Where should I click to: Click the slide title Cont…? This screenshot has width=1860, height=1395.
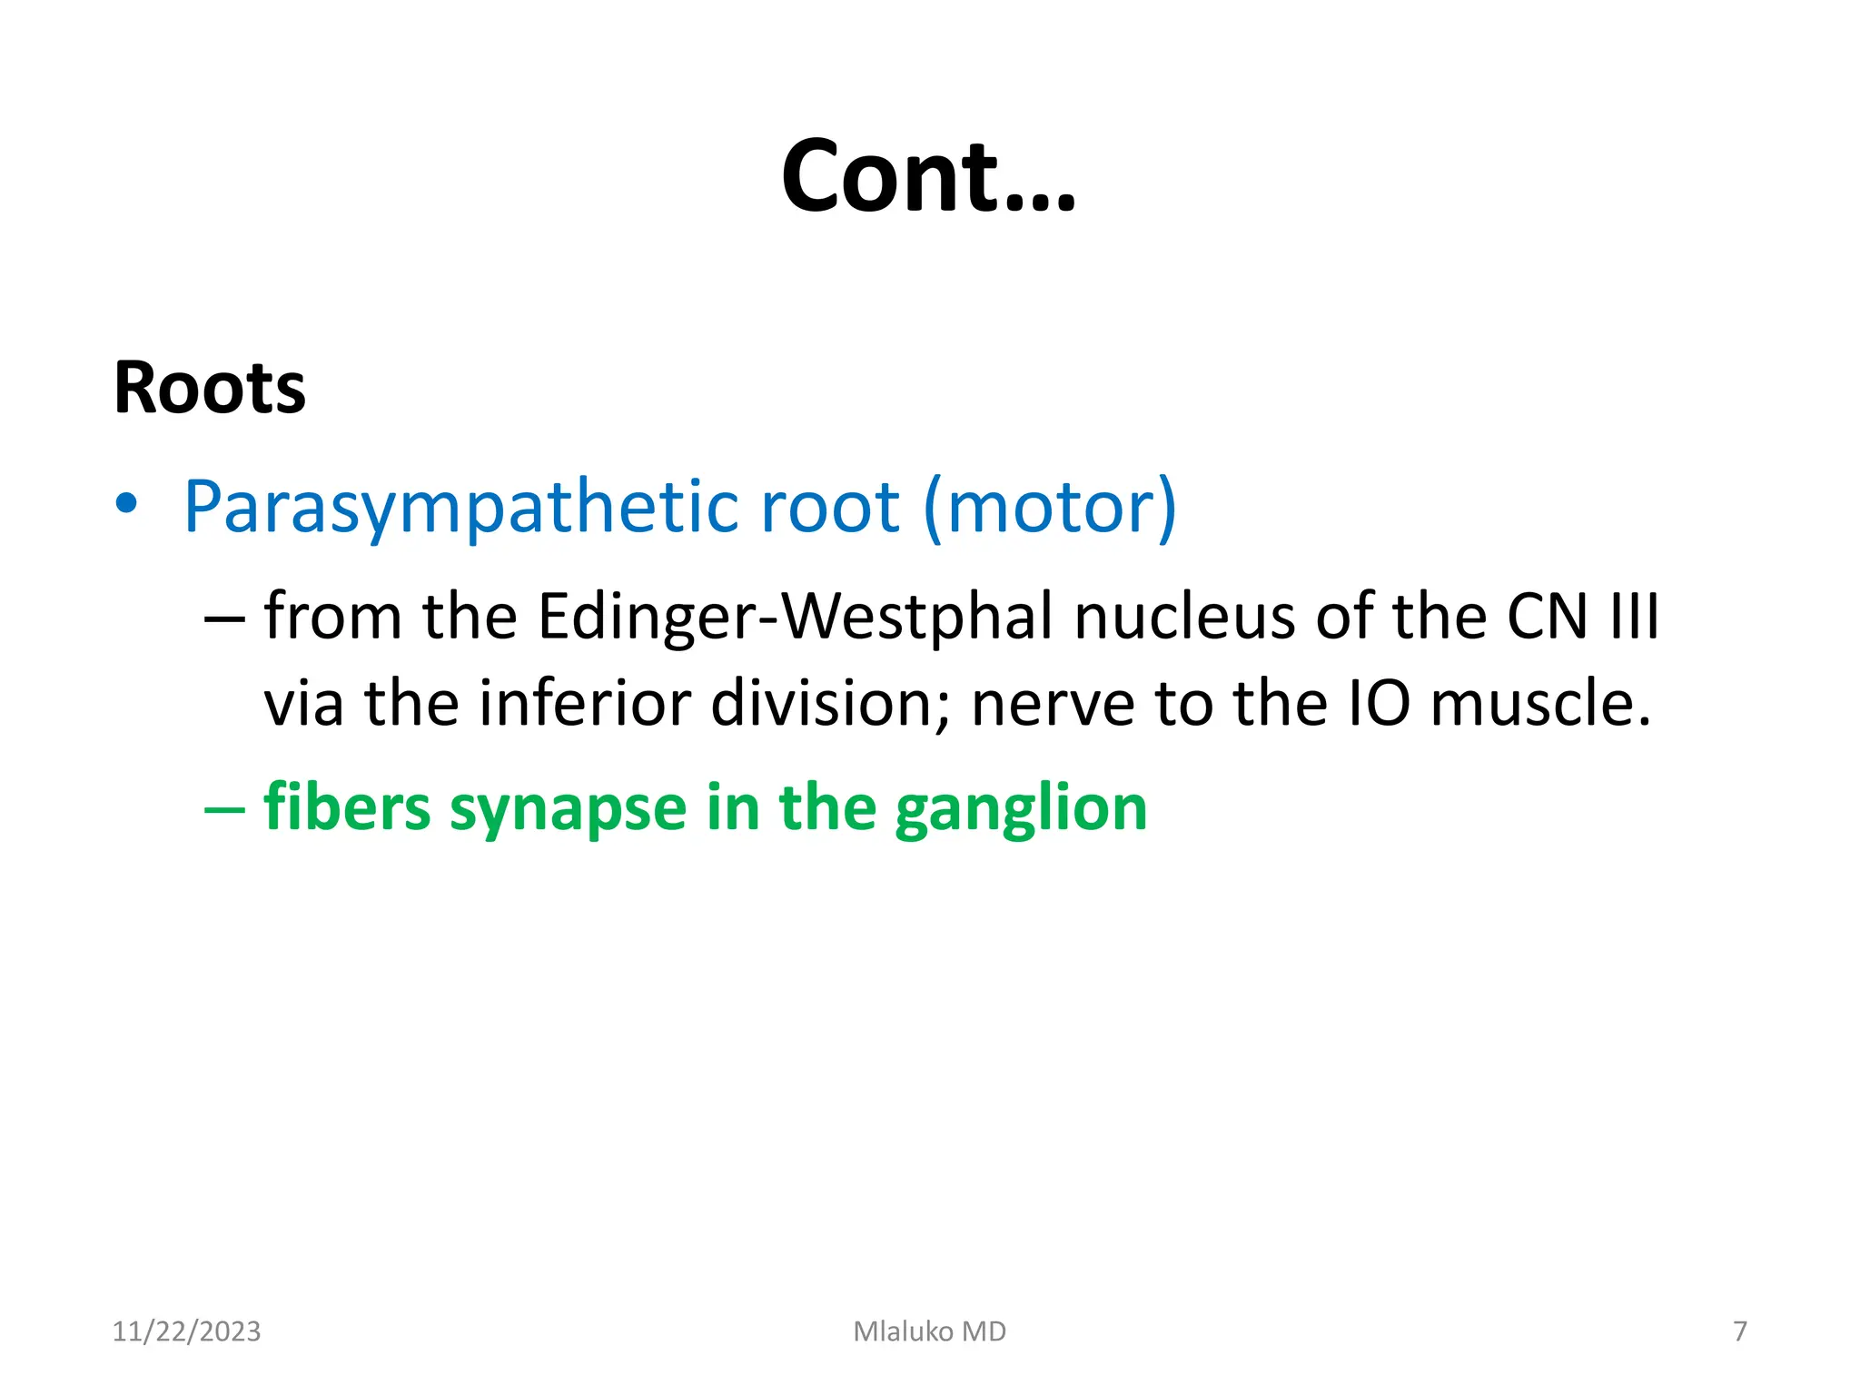click(x=928, y=176)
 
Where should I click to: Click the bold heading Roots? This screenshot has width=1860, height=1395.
click(x=210, y=389)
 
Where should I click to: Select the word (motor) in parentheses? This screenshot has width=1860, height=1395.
click(x=1050, y=507)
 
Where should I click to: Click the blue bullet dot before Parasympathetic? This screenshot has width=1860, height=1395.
click(x=127, y=504)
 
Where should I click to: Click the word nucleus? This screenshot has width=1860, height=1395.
click(x=1184, y=618)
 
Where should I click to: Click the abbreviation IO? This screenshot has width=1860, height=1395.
click(x=1379, y=704)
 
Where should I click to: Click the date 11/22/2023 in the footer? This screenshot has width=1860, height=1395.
click(x=186, y=1331)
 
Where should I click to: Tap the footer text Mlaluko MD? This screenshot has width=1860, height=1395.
click(x=929, y=1331)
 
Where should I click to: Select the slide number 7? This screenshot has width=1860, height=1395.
click(x=1739, y=1331)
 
